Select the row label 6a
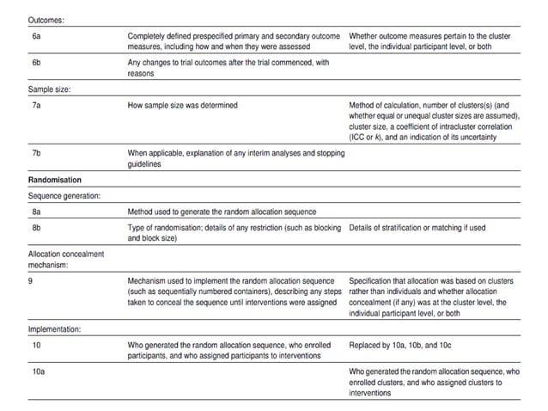tap(35, 36)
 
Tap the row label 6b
tap(35, 64)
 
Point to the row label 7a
tap(35, 106)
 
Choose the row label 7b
tap(35, 152)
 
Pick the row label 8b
tap(35, 228)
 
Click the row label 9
tap(31, 280)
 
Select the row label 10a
tap(37, 372)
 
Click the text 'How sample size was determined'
tap(183, 106)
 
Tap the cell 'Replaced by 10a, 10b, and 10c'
tap(405, 345)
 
